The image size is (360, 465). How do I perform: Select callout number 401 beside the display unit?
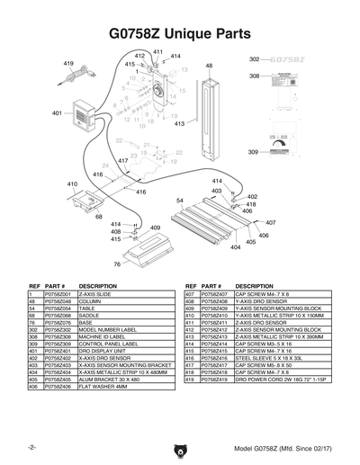coord(57,113)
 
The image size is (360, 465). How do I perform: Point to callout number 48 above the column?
coord(209,66)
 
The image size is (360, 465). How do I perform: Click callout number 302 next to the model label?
coord(254,58)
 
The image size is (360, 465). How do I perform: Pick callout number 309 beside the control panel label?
coord(254,152)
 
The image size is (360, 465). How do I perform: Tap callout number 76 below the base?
coord(116,264)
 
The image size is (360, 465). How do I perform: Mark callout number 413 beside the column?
coord(180,123)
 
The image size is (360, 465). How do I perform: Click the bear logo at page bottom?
coord(180,449)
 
